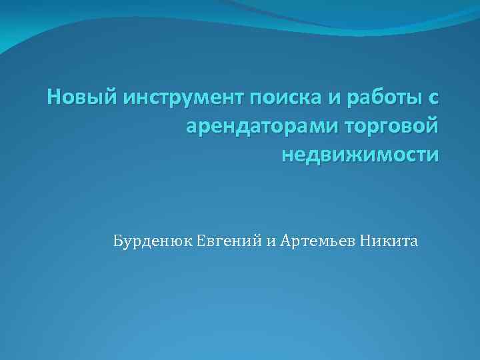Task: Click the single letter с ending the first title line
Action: point(433,99)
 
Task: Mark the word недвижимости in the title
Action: point(361,154)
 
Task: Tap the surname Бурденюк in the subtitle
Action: point(153,241)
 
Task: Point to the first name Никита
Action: point(389,241)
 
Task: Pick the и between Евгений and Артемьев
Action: point(271,241)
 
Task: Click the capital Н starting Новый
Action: point(54,98)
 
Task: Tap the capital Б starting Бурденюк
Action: point(118,241)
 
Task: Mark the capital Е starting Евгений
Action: point(201,241)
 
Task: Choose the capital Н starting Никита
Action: point(366,241)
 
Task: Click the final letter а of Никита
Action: point(414,241)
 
